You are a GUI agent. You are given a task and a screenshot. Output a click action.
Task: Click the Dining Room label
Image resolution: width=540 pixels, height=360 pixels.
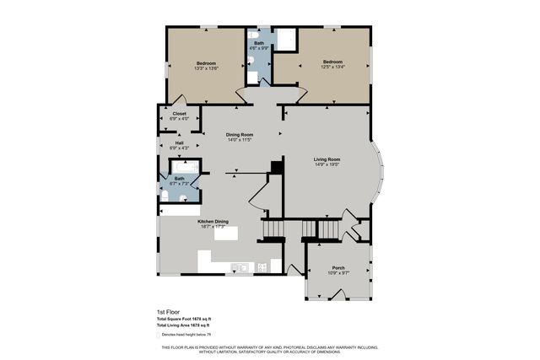point(240,134)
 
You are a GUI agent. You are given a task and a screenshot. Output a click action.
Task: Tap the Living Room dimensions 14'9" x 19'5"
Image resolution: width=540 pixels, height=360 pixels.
point(327,164)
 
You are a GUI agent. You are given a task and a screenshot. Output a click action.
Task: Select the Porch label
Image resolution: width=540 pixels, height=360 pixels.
point(338,268)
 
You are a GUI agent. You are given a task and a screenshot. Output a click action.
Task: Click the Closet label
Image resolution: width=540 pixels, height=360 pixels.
point(180,113)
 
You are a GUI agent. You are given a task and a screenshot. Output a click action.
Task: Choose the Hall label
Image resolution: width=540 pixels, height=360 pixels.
point(180,142)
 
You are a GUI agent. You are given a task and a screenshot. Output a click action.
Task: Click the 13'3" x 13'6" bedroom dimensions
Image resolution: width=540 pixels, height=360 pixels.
point(207,69)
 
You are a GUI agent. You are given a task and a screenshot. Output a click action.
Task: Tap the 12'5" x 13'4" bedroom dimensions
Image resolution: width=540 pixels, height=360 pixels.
point(333,67)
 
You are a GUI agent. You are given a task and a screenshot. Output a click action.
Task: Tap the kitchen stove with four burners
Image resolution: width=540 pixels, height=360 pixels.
point(262,268)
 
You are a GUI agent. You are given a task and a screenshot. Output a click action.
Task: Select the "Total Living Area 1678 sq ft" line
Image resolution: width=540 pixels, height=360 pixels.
point(183,325)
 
